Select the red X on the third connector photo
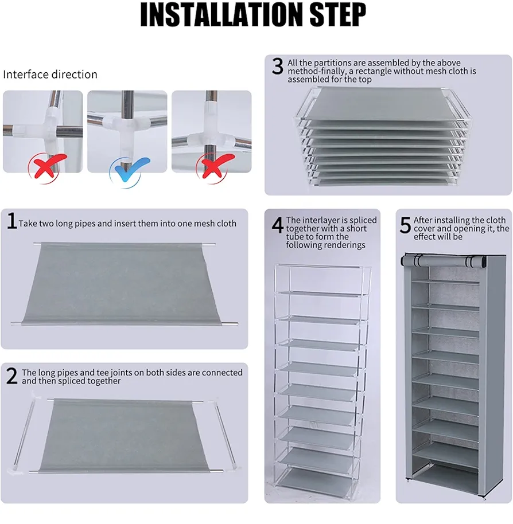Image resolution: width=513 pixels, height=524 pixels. point(215,166)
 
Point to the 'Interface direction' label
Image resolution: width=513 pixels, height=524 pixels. point(50,74)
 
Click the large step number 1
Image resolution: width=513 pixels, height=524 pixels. point(12,221)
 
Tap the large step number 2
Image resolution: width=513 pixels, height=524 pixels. point(11,376)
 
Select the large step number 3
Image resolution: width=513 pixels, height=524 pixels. point(278,66)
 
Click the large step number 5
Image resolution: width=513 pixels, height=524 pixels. point(405,225)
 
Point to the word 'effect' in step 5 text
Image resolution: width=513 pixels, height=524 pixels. point(425,237)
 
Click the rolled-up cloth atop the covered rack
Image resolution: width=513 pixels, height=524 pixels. point(443,260)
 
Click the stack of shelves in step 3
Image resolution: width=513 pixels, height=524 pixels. point(383,136)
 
